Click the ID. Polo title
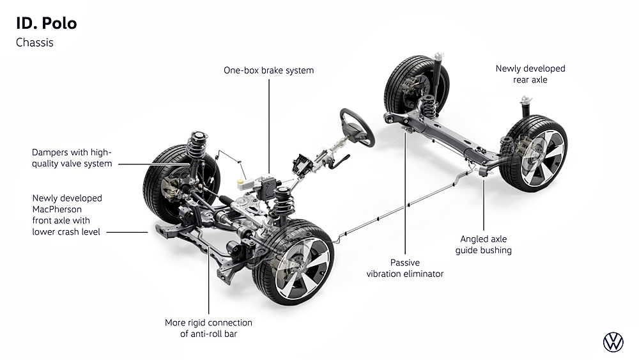tap(46, 24)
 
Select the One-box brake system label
tap(268, 70)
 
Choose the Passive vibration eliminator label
tap(404, 268)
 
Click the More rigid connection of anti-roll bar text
tap(208, 328)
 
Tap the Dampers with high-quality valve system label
tap(72, 158)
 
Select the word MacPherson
tap(58, 209)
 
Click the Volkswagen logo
tap(613, 342)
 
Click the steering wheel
tap(357, 126)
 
